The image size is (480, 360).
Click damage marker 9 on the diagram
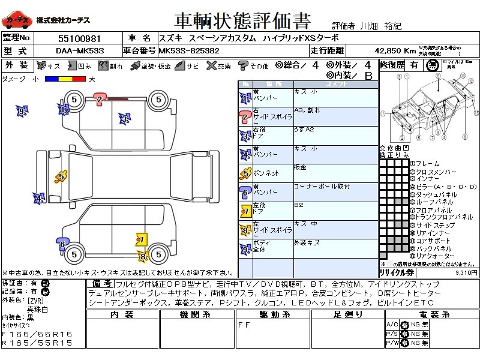22,111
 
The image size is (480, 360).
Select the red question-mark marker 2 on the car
100,99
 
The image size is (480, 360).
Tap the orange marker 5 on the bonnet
60,176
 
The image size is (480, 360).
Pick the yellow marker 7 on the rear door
141,240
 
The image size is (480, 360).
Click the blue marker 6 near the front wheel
62,244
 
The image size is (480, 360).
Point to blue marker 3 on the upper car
124,119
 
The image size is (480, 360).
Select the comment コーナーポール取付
322,187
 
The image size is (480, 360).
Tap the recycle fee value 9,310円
466,272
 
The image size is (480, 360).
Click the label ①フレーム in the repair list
426,163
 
